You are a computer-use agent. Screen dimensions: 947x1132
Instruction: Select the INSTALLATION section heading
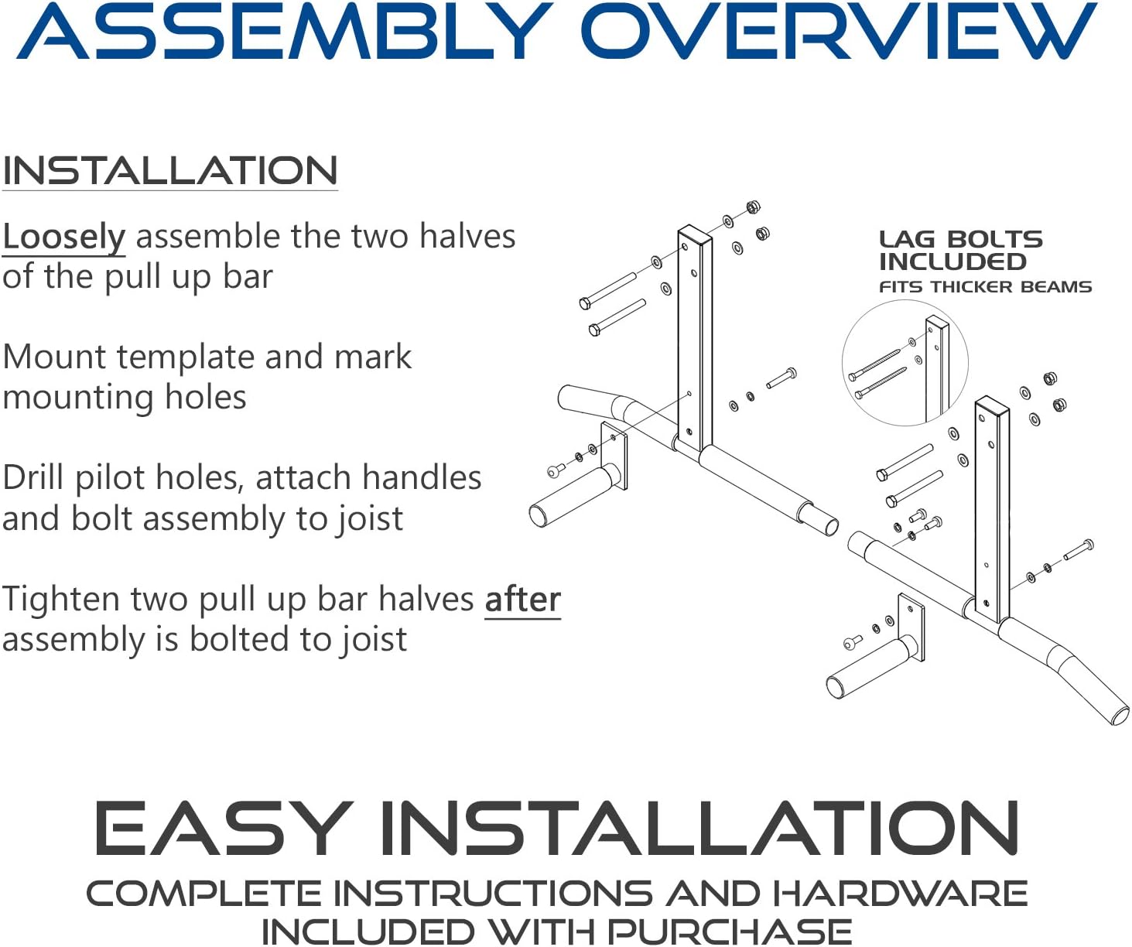pos(169,170)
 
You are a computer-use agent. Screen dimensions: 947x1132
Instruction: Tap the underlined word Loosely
pos(63,237)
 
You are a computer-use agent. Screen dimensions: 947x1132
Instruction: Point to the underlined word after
pos(522,600)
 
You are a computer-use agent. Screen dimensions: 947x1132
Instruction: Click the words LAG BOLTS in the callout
pos(960,239)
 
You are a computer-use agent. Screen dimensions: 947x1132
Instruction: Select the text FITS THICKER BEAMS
pos(985,287)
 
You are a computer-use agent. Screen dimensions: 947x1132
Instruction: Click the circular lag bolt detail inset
pos(904,363)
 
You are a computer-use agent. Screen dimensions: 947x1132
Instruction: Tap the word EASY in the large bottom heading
pos(224,828)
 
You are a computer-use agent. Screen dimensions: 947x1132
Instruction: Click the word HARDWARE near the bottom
pos(900,894)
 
